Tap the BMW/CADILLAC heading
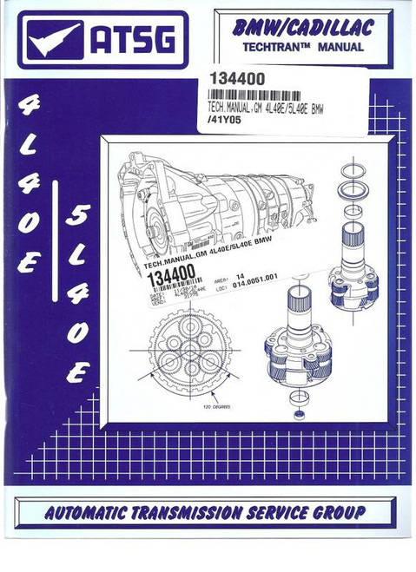tap(303, 30)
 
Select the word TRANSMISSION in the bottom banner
tap(195, 511)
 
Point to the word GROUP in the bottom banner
tap(334, 511)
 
